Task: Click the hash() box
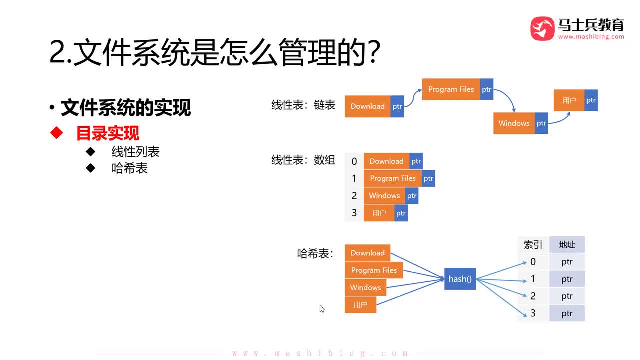point(460,279)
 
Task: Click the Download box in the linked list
point(367,106)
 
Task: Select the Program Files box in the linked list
point(451,89)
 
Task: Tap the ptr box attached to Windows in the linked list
point(541,123)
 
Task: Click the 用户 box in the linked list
point(569,100)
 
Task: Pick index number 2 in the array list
point(354,196)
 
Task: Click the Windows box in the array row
point(384,196)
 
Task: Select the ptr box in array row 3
point(401,213)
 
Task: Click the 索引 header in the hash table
point(533,245)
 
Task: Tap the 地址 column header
point(567,245)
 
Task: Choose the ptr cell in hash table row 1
point(567,279)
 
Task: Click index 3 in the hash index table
point(533,313)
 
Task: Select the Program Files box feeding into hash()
point(374,270)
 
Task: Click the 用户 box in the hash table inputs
point(360,305)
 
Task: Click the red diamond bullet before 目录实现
point(57,133)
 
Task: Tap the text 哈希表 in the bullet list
point(129,168)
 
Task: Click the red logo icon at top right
point(542,28)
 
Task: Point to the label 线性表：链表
point(303,105)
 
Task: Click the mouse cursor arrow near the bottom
point(322,309)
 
